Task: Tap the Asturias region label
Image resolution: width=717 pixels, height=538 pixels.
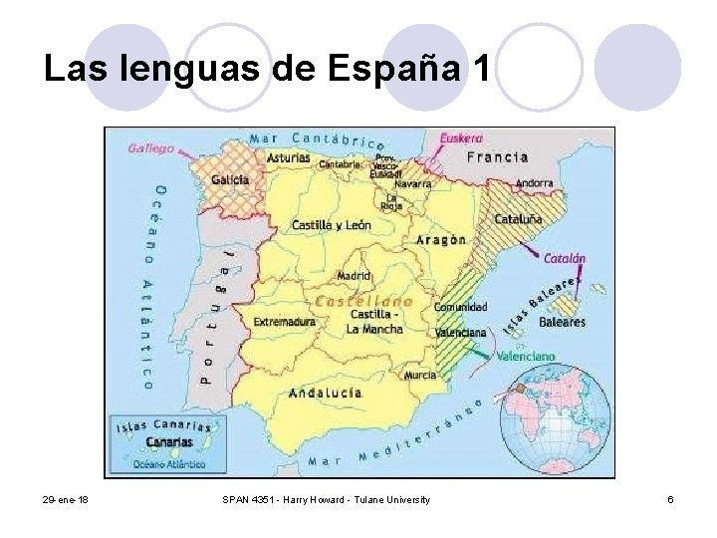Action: tap(288, 157)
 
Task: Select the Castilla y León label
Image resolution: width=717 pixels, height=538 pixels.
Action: tap(331, 225)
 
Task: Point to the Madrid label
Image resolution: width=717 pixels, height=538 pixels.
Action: tap(354, 275)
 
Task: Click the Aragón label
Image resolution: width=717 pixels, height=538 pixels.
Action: tap(441, 240)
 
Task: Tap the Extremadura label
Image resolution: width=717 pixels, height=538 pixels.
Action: tap(285, 323)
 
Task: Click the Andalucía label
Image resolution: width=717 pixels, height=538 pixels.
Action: tap(325, 393)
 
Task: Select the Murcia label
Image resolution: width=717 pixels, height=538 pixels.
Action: tap(420, 376)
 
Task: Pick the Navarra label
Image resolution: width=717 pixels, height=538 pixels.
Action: tap(412, 183)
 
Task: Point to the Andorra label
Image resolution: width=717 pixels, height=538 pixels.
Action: tap(534, 183)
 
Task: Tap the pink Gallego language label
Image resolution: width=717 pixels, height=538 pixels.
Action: tap(151, 147)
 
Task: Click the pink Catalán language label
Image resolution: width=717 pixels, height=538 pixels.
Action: tap(564, 258)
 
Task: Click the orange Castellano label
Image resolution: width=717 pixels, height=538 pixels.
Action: tap(362, 299)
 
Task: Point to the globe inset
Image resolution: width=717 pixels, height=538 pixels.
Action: tap(557, 418)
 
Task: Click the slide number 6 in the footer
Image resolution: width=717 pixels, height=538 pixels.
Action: tap(671, 499)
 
